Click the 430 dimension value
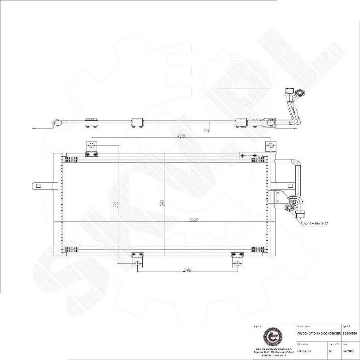[181, 136]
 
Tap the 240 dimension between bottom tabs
[187, 270]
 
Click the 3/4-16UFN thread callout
[316, 224]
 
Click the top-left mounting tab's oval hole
[91, 146]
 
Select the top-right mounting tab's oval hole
[270, 146]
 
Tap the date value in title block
[350, 351]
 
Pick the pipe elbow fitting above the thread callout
[293, 201]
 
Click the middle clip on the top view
[138, 122]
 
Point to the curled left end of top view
[56, 122]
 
